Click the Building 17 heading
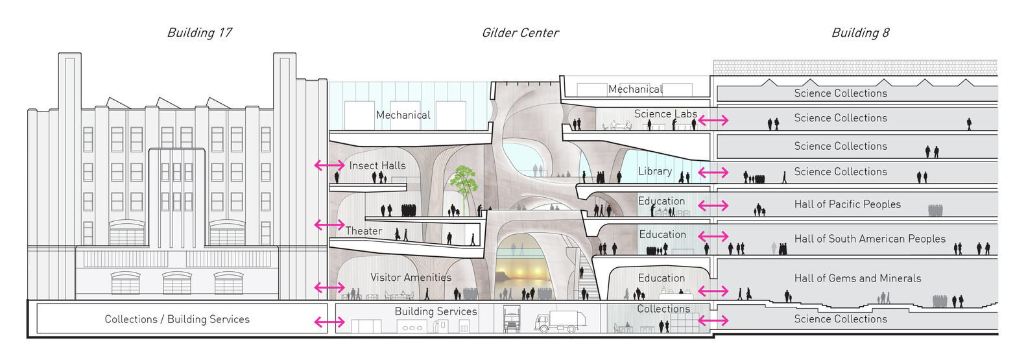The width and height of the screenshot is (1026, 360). pos(199,33)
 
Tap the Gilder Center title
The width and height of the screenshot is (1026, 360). pos(520,33)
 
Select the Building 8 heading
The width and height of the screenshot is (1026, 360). pos(860,33)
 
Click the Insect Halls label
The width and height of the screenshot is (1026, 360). pos(377,165)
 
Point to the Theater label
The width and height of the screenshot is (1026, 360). pos(364,231)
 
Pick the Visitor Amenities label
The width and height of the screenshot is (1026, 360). pos(411,277)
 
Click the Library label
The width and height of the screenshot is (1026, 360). pos(654,171)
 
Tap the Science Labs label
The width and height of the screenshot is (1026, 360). pos(665,114)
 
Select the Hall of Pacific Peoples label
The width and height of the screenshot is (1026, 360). pos(848,204)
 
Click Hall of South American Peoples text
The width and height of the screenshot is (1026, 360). pos(870,239)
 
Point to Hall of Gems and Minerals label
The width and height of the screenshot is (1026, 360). pos(857,278)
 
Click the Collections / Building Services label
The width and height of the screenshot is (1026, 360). pos(177,319)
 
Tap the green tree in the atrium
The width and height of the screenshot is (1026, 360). pos(464,183)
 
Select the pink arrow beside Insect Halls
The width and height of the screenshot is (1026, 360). pos(329,165)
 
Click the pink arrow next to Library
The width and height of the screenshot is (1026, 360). pos(713,172)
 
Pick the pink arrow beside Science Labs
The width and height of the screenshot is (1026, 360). pos(713,121)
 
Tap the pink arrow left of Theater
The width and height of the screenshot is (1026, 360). pos(329,224)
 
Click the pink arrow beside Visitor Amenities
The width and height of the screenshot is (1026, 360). pos(329,287)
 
